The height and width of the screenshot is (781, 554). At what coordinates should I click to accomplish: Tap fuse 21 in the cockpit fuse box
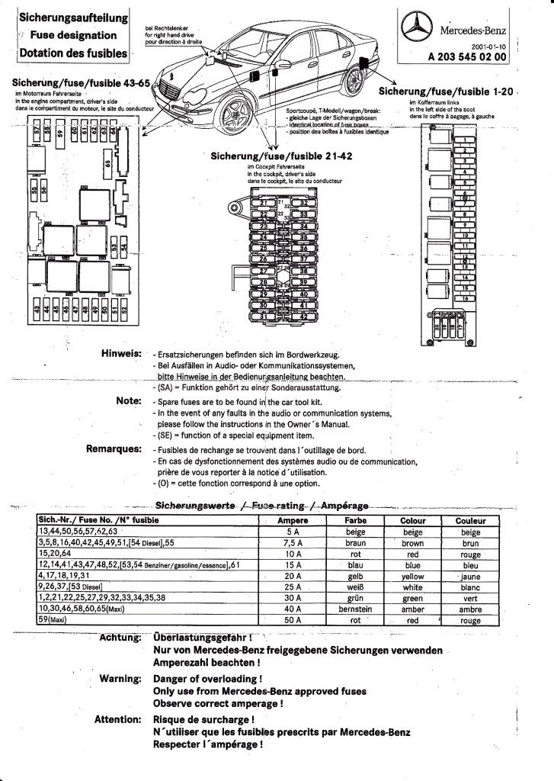[x=265, y=203]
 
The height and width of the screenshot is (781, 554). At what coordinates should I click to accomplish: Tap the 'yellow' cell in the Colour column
[x=412, y=576]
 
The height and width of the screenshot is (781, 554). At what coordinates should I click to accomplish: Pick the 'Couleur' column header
[x=470, y=520]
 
